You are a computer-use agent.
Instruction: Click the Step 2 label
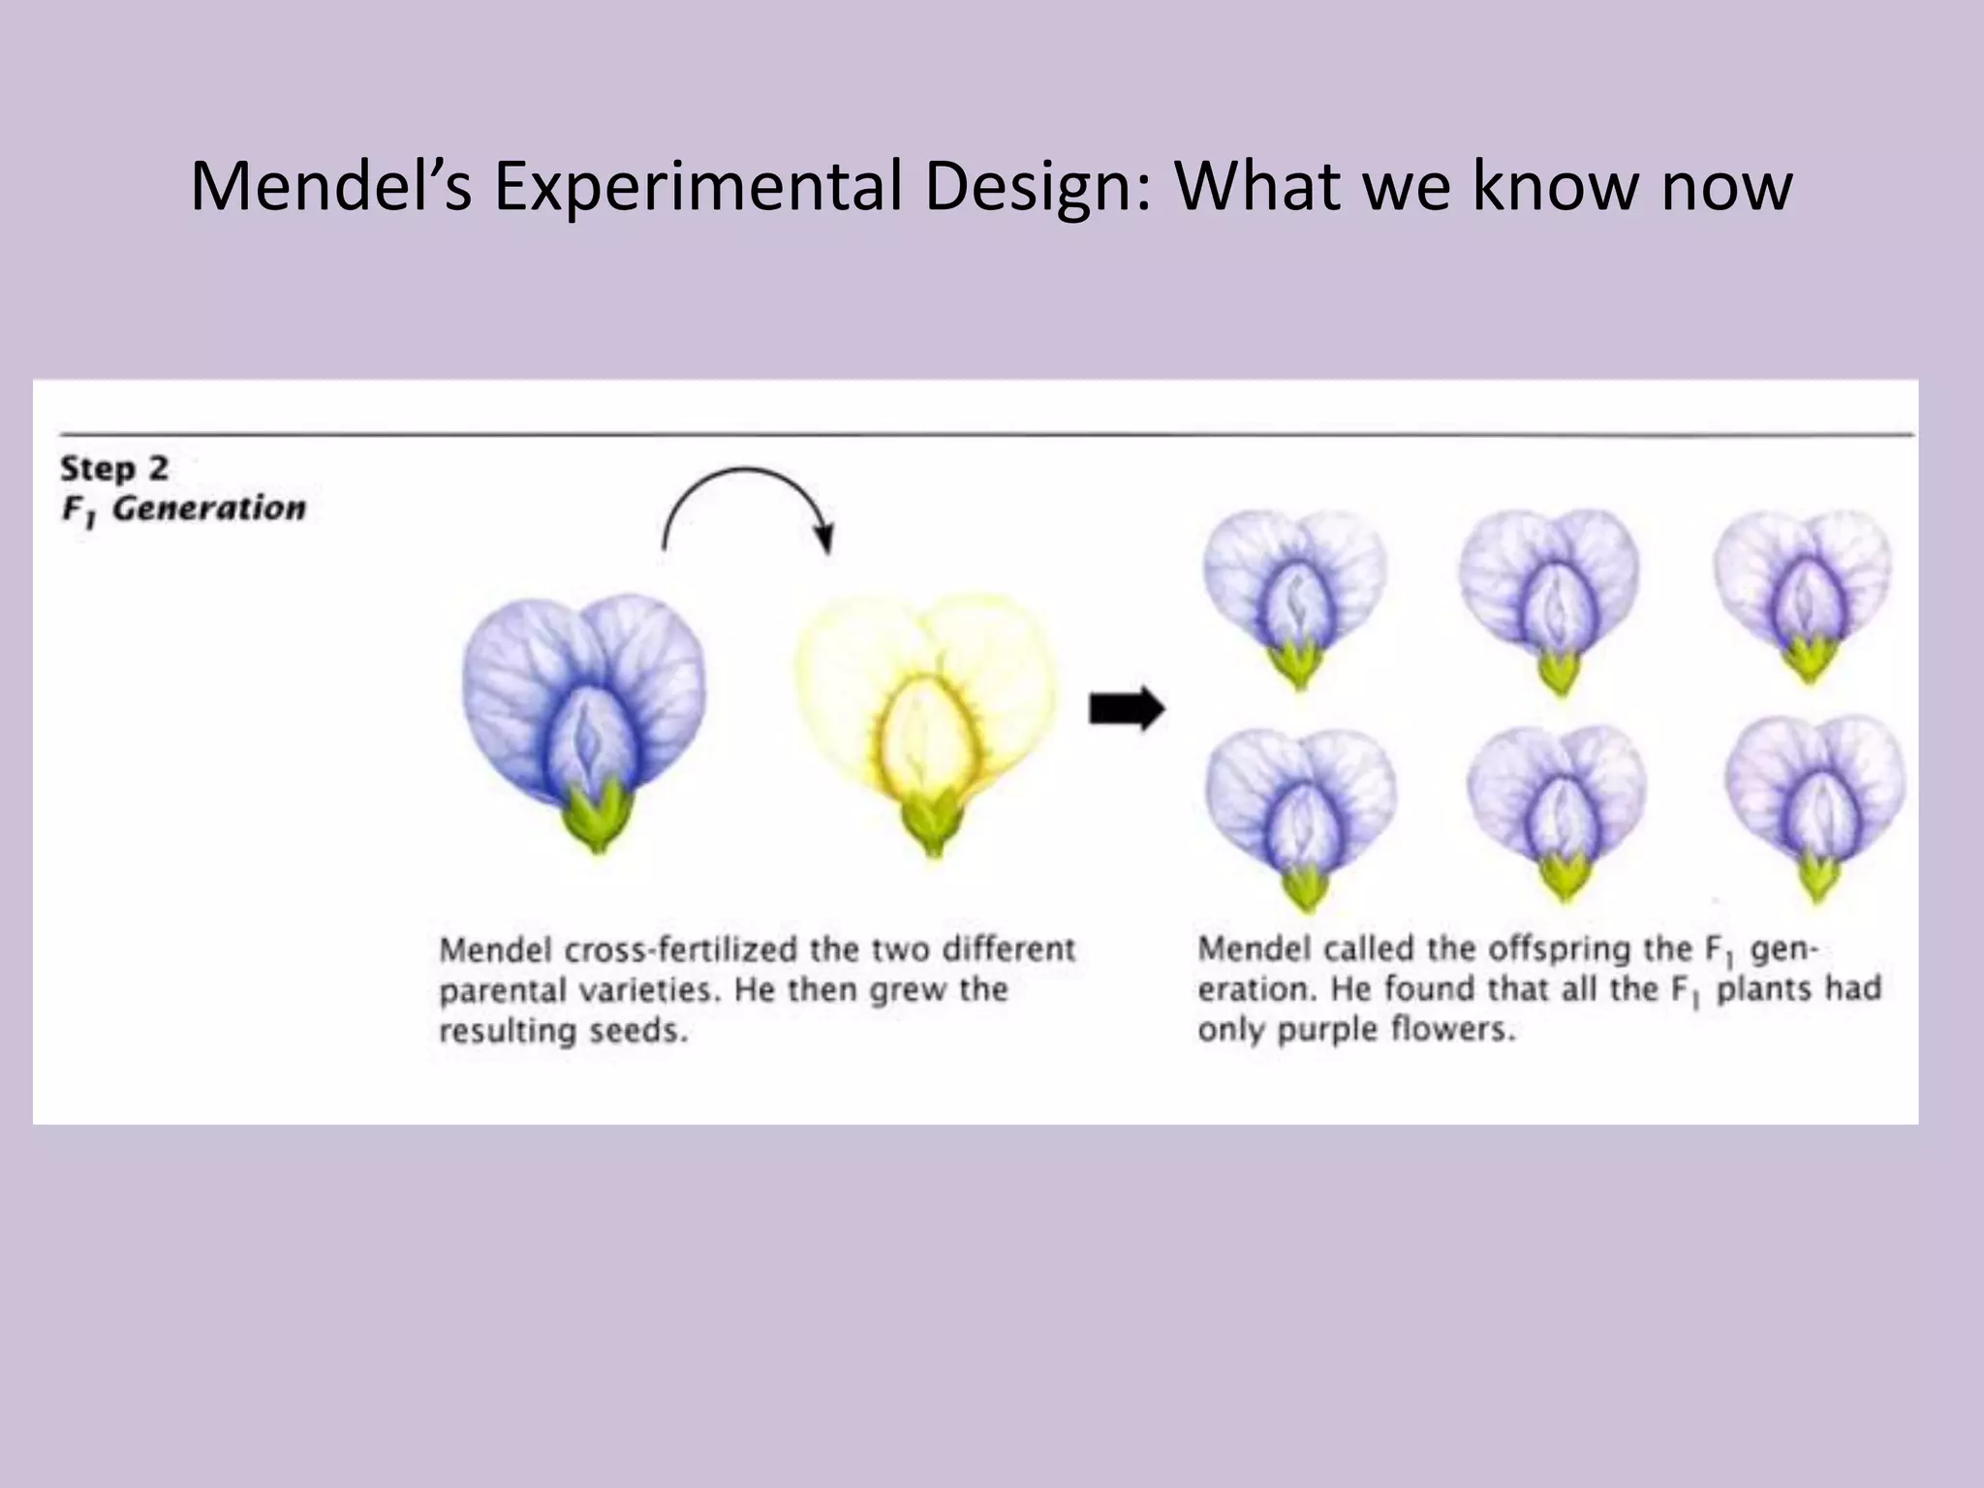click(x=114, y=469)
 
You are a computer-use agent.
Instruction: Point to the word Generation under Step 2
click(x=209, y=509)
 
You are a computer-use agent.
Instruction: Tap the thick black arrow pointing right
click(x=1127, y=710)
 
